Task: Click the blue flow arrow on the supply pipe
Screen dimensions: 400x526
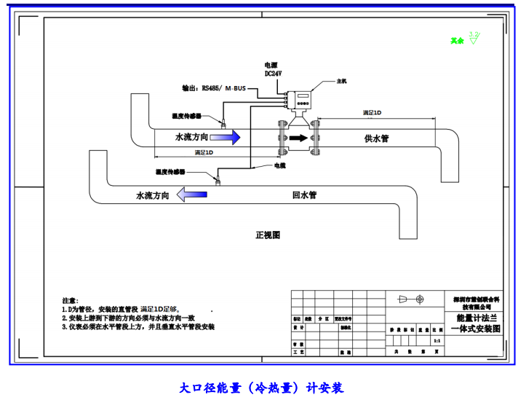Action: click(x=226, y=138)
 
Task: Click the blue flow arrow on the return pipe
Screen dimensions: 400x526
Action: click(x=194, y=195)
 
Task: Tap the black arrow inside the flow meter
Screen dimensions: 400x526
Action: click(x=298, y=138)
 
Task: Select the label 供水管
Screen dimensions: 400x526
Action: click(x=378, y=138)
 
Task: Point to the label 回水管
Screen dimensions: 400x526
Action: click(x=303, y=195)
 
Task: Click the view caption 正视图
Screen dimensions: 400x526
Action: click(x=268, y=235)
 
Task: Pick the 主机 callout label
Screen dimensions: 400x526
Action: click(x=341, y=82)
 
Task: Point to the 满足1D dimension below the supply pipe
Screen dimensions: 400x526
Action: click(x=204, y=153)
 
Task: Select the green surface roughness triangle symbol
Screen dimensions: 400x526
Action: click(x=474, y=40)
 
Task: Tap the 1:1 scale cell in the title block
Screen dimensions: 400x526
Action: click(x=437, y=340)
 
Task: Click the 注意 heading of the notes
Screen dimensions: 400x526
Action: click(x=69, y=300)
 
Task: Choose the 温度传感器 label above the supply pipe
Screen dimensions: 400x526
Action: click(x=186, y=116)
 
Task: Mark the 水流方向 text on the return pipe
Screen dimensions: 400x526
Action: click(x=153, y=195)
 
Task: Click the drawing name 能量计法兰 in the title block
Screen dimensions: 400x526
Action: click(x=476, y=318)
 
